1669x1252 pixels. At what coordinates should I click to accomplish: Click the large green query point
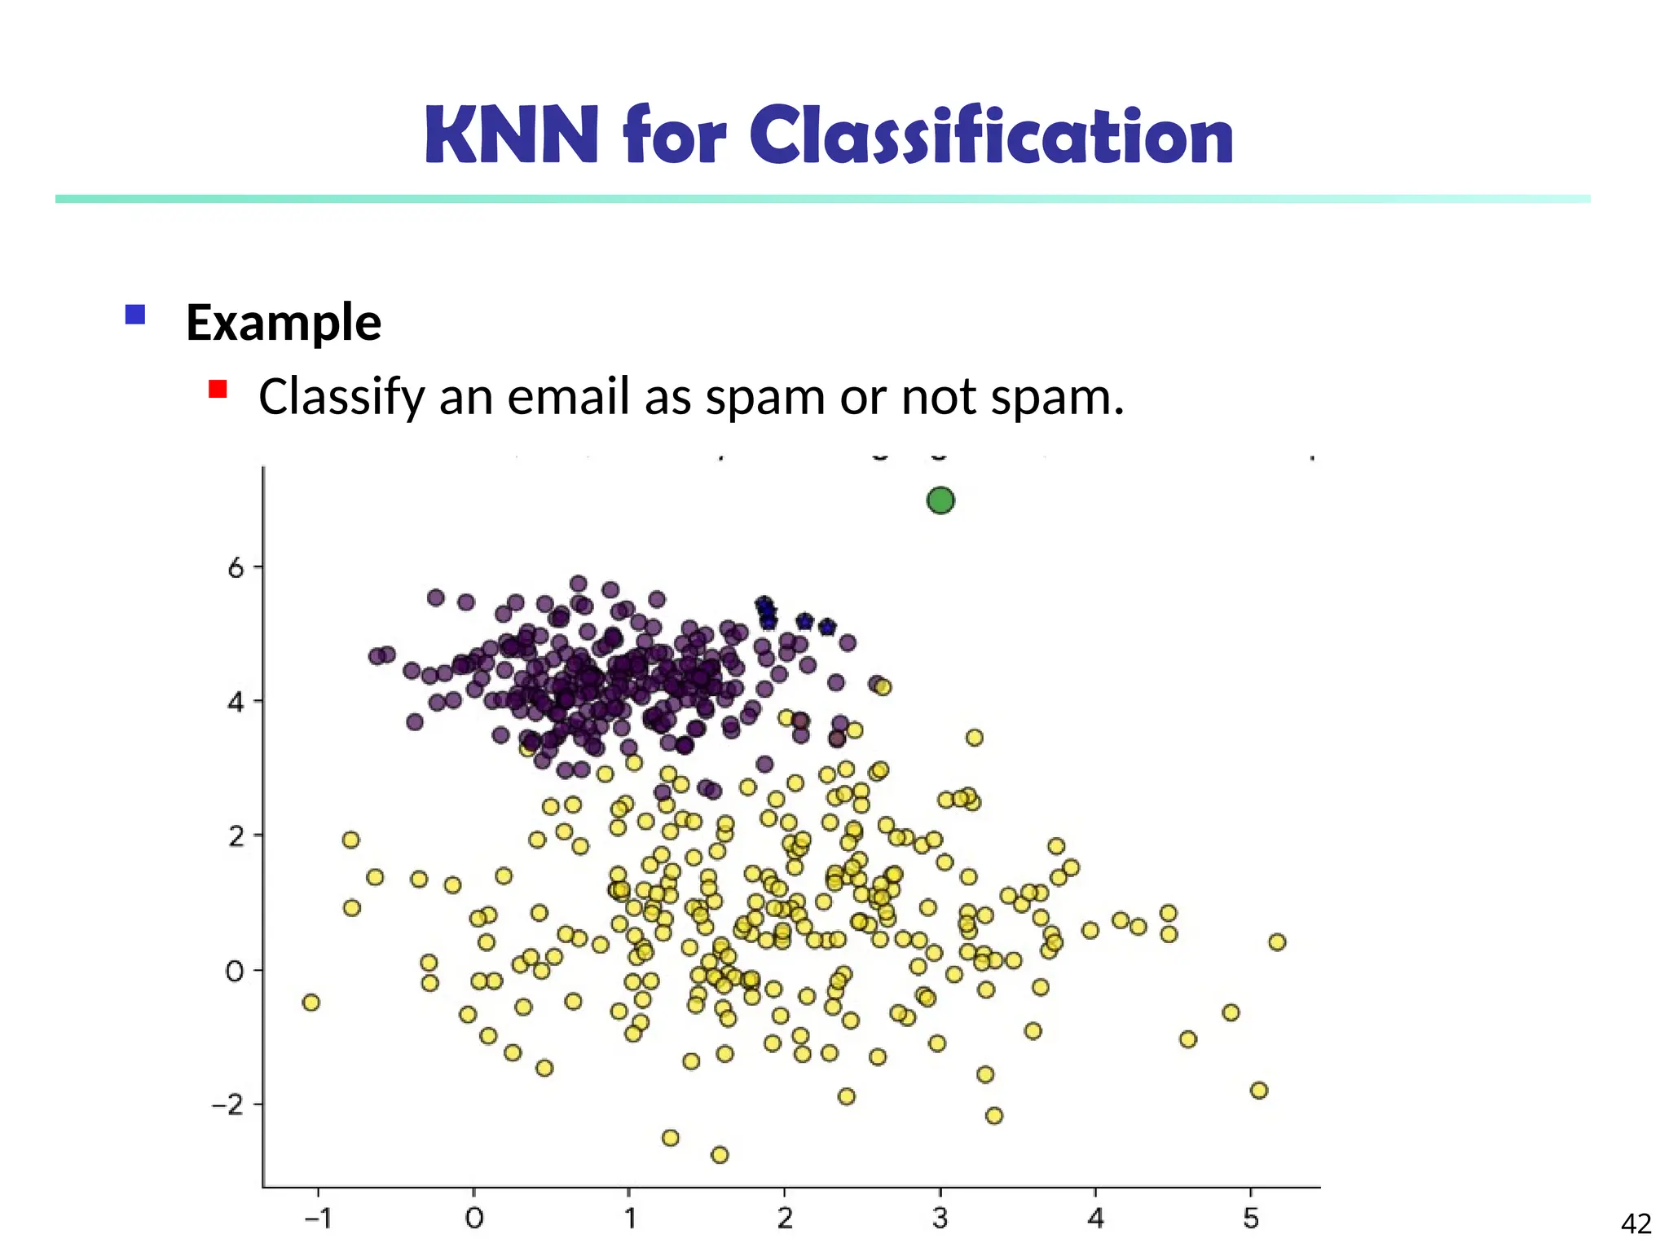pos(940,500)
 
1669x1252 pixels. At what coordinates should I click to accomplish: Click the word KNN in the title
pos(511,136)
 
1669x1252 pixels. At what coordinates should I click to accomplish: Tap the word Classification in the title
pos(991,136)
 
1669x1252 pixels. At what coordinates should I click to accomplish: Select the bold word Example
pos(283,323)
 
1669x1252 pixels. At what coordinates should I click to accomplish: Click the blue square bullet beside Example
pos(135,315)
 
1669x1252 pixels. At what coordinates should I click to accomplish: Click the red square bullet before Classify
pos(217,389)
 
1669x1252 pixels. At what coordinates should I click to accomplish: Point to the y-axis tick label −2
pos(227,1106)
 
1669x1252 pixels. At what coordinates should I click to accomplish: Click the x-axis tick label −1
pos(317,1219)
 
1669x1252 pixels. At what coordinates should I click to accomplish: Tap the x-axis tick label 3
pos(940,1219)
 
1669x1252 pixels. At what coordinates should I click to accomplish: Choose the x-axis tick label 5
pos(1251,1219)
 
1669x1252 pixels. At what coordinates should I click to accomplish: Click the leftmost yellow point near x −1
pos(310,1003)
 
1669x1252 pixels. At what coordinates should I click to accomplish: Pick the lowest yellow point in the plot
pos(720,1155)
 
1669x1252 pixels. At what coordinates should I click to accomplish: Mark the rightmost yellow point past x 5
pos(1277,942)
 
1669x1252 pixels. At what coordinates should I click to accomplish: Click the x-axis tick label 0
pos(473,1219)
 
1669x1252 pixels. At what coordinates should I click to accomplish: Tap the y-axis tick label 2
pos(236,837)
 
